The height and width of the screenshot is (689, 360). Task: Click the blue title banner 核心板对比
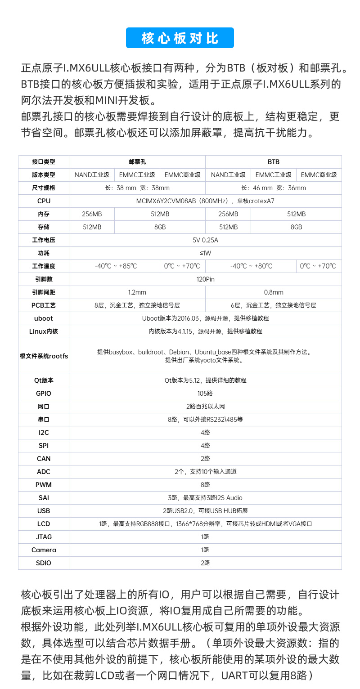tap(180, 38)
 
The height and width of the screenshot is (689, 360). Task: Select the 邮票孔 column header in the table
tap(137, 162)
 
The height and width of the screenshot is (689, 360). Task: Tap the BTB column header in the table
tap(273, 162)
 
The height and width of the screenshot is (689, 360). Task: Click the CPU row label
tap(44, 201)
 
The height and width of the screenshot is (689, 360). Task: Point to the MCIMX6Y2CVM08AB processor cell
tap(205, 201)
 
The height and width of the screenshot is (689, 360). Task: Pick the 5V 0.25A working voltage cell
tap(205, 240)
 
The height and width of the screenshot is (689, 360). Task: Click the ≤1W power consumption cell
tap(205, 253)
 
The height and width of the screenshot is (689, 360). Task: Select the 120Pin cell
tap(205, 279)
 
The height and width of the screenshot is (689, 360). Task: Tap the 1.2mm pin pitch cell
tap(137, 292)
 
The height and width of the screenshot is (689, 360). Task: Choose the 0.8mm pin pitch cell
tap(273, 292)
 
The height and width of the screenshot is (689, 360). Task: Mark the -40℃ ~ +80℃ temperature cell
tap(251, 266)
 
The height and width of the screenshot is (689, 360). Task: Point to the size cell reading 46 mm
tap(273, 188)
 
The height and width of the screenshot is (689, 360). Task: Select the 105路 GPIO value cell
tap(205, 394)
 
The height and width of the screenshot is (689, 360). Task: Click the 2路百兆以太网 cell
tap(205, 407)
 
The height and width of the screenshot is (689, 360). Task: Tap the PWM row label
tap(44, 485)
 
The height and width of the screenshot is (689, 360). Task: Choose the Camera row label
tap(44, 550)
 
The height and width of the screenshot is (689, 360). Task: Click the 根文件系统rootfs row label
tap(44, 356)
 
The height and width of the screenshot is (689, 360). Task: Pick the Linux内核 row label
tap(44, 331)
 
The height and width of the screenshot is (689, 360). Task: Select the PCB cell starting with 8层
tap(137, 305)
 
